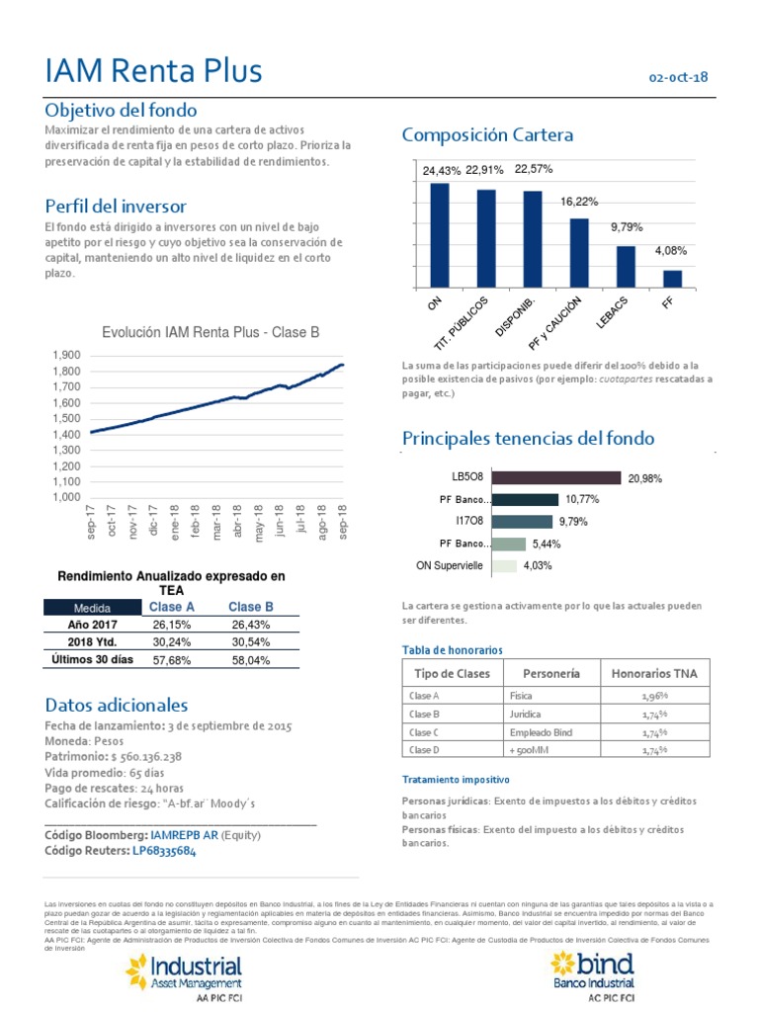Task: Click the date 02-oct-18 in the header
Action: point(678,77)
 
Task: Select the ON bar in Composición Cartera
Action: point(439,235)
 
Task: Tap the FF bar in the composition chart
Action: point(672,278)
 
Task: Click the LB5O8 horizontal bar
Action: point(556,477)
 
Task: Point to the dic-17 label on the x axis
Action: point(153,520)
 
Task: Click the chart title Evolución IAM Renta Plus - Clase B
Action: point(211,333)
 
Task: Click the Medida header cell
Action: point(86,608)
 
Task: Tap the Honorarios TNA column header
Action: point(653,673)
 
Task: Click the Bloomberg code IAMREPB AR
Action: point(184,835)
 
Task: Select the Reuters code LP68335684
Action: point(164,852)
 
